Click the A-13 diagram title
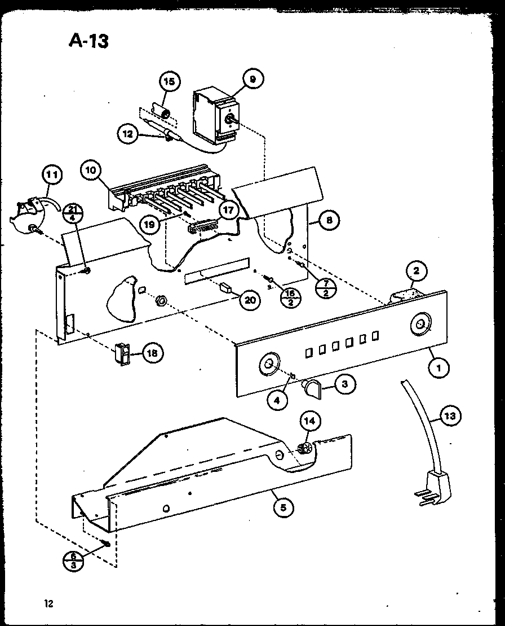click(x=88, y=41)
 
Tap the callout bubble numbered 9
click(x=252, y=80)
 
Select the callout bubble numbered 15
click(x=169, y=82)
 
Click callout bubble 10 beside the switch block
click(x=90, y=169)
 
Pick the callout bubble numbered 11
click(x=51, y=175)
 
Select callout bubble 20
click(x=249, y=300)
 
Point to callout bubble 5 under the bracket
click(x=283, y=507)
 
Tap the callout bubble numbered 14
click(x=309, y=421)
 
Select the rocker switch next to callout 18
click(x=122, y=353)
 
